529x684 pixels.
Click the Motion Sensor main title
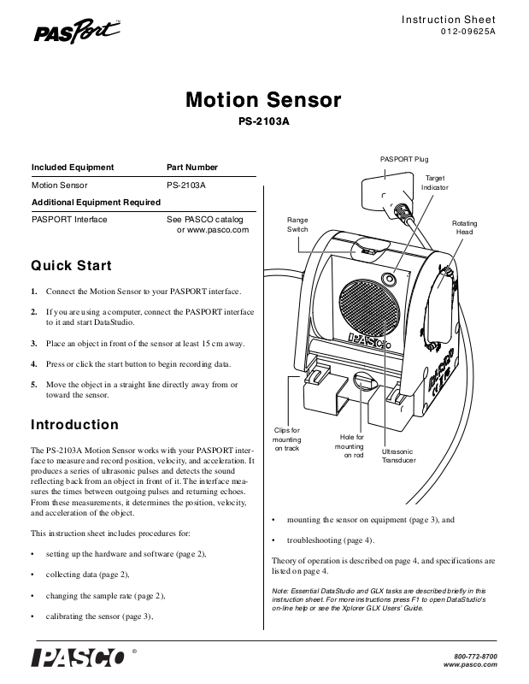[x=263, y=101]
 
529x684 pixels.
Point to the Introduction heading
[x=75, y=424]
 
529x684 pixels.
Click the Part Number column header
[x=192, y=168]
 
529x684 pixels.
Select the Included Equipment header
[x=73, y=168]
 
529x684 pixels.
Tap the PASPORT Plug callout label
[x=404, y=160]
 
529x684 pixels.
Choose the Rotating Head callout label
[x=464, y=228]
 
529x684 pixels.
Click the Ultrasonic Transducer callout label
[x=398, y=456]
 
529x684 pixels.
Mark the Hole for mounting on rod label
[x=350, y=446]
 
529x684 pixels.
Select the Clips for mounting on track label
[x=286, y=439]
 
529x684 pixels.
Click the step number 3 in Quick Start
[x=34, y=344]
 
